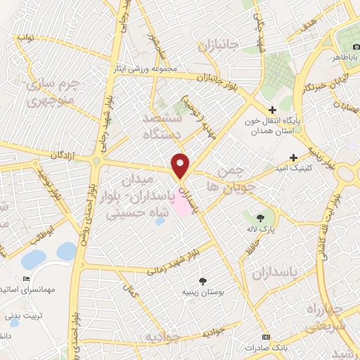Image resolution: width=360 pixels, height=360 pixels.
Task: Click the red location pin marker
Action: pos(181,165)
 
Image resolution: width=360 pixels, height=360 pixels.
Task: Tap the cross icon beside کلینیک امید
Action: pos(294,157)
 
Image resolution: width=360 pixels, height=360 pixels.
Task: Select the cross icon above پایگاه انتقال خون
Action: pos(273,110)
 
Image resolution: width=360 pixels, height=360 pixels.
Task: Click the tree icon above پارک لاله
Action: pos(262,218)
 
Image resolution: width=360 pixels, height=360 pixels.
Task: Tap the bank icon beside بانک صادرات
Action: pos(266,337)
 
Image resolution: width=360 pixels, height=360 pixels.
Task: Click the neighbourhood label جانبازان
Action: pos(219,47)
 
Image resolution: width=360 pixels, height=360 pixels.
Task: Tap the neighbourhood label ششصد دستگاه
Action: pos(162,125)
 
